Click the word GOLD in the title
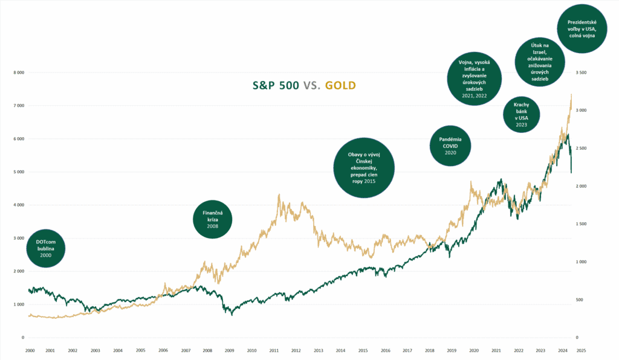340,86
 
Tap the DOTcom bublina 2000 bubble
45,248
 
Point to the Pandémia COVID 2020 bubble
450,146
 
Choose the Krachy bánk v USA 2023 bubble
521,114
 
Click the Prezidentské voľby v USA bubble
582,28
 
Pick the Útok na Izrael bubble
540,62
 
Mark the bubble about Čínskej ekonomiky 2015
364,167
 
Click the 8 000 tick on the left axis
19,72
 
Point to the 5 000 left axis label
19,172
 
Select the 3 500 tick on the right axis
582,72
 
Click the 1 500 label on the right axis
582,224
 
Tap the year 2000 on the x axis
29,350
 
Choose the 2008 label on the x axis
207,350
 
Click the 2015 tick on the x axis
363,350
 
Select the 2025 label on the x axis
580,350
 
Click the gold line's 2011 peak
279,194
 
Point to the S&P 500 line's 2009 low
232,315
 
